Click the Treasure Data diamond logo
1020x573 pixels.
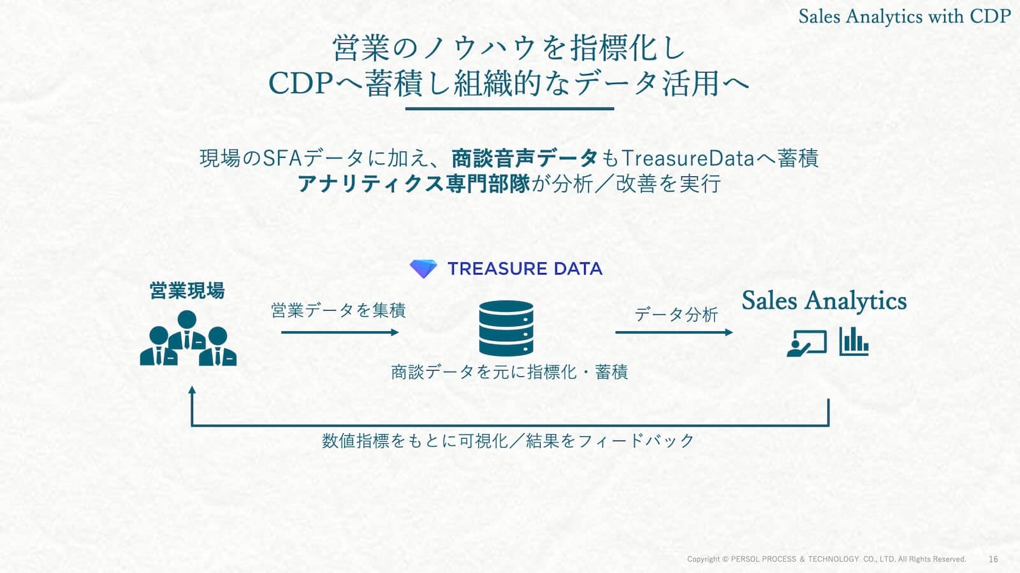pos(423,269)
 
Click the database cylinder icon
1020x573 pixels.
pos(506,328)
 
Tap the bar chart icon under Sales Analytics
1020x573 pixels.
pos(854,341)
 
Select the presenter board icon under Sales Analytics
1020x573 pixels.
pos(806,343)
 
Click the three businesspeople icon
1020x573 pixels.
pos(188,338)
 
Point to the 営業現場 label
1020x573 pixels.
pos(187,290)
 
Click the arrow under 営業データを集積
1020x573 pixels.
pos(340,332)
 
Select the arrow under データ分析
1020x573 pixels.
pos(674,332)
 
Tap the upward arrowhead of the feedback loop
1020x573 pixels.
pos(192,390)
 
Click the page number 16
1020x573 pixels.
pos(993,559)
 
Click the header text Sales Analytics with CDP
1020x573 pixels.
pos(905,17)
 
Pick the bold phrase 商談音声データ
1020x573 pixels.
pos(524,159)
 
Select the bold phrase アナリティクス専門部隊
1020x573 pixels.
pos(414,184)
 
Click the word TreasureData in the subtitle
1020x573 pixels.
pos(688,159)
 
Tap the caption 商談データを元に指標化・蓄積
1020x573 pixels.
pos(509,372)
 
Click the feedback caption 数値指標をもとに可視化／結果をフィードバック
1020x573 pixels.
pos(508,440)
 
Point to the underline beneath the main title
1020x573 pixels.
pos(509,109)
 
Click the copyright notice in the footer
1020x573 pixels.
pos(826,559)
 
